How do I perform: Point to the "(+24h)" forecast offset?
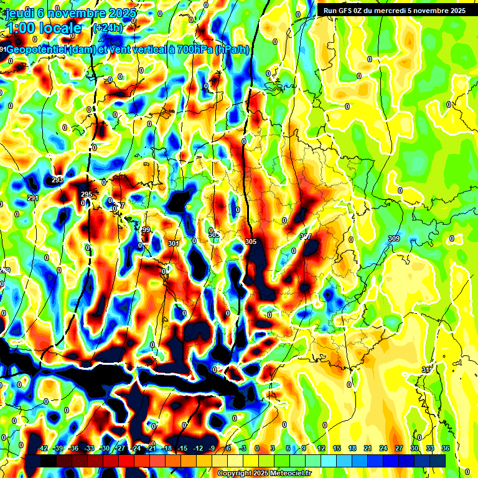tap(108, 28)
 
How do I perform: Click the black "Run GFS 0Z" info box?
tap(392, 10)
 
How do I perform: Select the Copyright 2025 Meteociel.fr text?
tap(264, 474)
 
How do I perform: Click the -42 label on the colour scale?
tap(43, 448)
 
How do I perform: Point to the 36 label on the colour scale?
tap(446, 448)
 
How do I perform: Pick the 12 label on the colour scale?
tap(321, 448)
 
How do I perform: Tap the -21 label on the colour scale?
tap(151, 448)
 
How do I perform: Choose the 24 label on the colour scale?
tap(383, 448)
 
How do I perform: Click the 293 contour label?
tap(57, 180)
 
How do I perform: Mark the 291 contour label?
tap(33, 198)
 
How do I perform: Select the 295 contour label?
tap(87, 195)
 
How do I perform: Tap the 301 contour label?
tap(173, 243)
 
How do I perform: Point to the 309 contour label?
tap(393, 238)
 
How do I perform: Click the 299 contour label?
tap(145, 230)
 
